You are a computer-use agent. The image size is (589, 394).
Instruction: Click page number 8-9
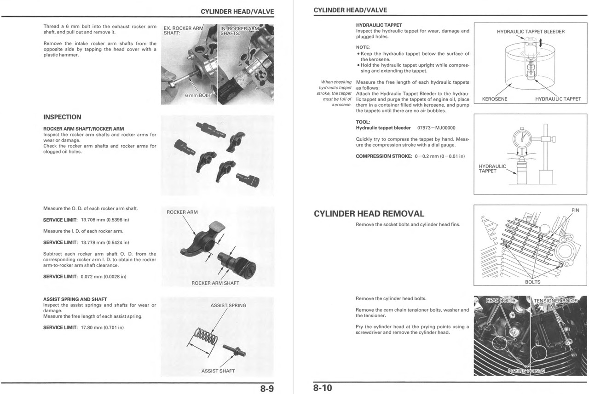(x=266, y=388)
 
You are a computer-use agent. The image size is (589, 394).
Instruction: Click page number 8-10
(x=323, y=388)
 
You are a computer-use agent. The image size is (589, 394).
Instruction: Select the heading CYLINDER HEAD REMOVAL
(x=369, y=214)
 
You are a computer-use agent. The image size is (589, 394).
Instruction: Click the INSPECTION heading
(x=62, y=117)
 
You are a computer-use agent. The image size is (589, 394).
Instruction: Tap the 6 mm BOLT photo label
(x=198, y=95)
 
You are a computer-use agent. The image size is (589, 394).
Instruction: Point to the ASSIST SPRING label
(x=228, y=305)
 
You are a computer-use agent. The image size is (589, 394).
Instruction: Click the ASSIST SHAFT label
(x=218, y=371)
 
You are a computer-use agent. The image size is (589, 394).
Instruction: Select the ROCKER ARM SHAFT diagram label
(x=215, y=283)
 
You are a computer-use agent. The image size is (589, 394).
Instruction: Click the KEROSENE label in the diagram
(x=495, y=99)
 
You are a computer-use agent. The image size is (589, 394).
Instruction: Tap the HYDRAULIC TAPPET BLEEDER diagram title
(x=531, y=32)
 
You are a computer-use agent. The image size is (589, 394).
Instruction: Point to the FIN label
(x=575, y=210)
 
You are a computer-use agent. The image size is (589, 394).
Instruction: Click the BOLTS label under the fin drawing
(x=532, y=282)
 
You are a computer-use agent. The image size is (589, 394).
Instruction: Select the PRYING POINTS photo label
(x=526, y=371)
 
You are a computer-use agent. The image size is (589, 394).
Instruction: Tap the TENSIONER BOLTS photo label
(x=555, y=301)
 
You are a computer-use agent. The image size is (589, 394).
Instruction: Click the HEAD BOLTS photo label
(x=501, y=301)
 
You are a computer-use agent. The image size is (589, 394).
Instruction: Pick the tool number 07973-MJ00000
(x=436, y=128)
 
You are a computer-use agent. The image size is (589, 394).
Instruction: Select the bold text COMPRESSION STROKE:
(x=383, y=156)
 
